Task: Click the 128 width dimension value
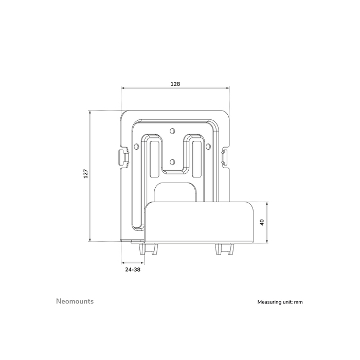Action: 175,83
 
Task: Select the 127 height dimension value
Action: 85,175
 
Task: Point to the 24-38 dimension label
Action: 133,269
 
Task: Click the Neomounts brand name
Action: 75,301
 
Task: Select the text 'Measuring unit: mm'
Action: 280,302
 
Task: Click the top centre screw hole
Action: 173,130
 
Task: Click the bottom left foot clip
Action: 148,249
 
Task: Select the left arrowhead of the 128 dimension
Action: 122,88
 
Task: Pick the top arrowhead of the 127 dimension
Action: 90,112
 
